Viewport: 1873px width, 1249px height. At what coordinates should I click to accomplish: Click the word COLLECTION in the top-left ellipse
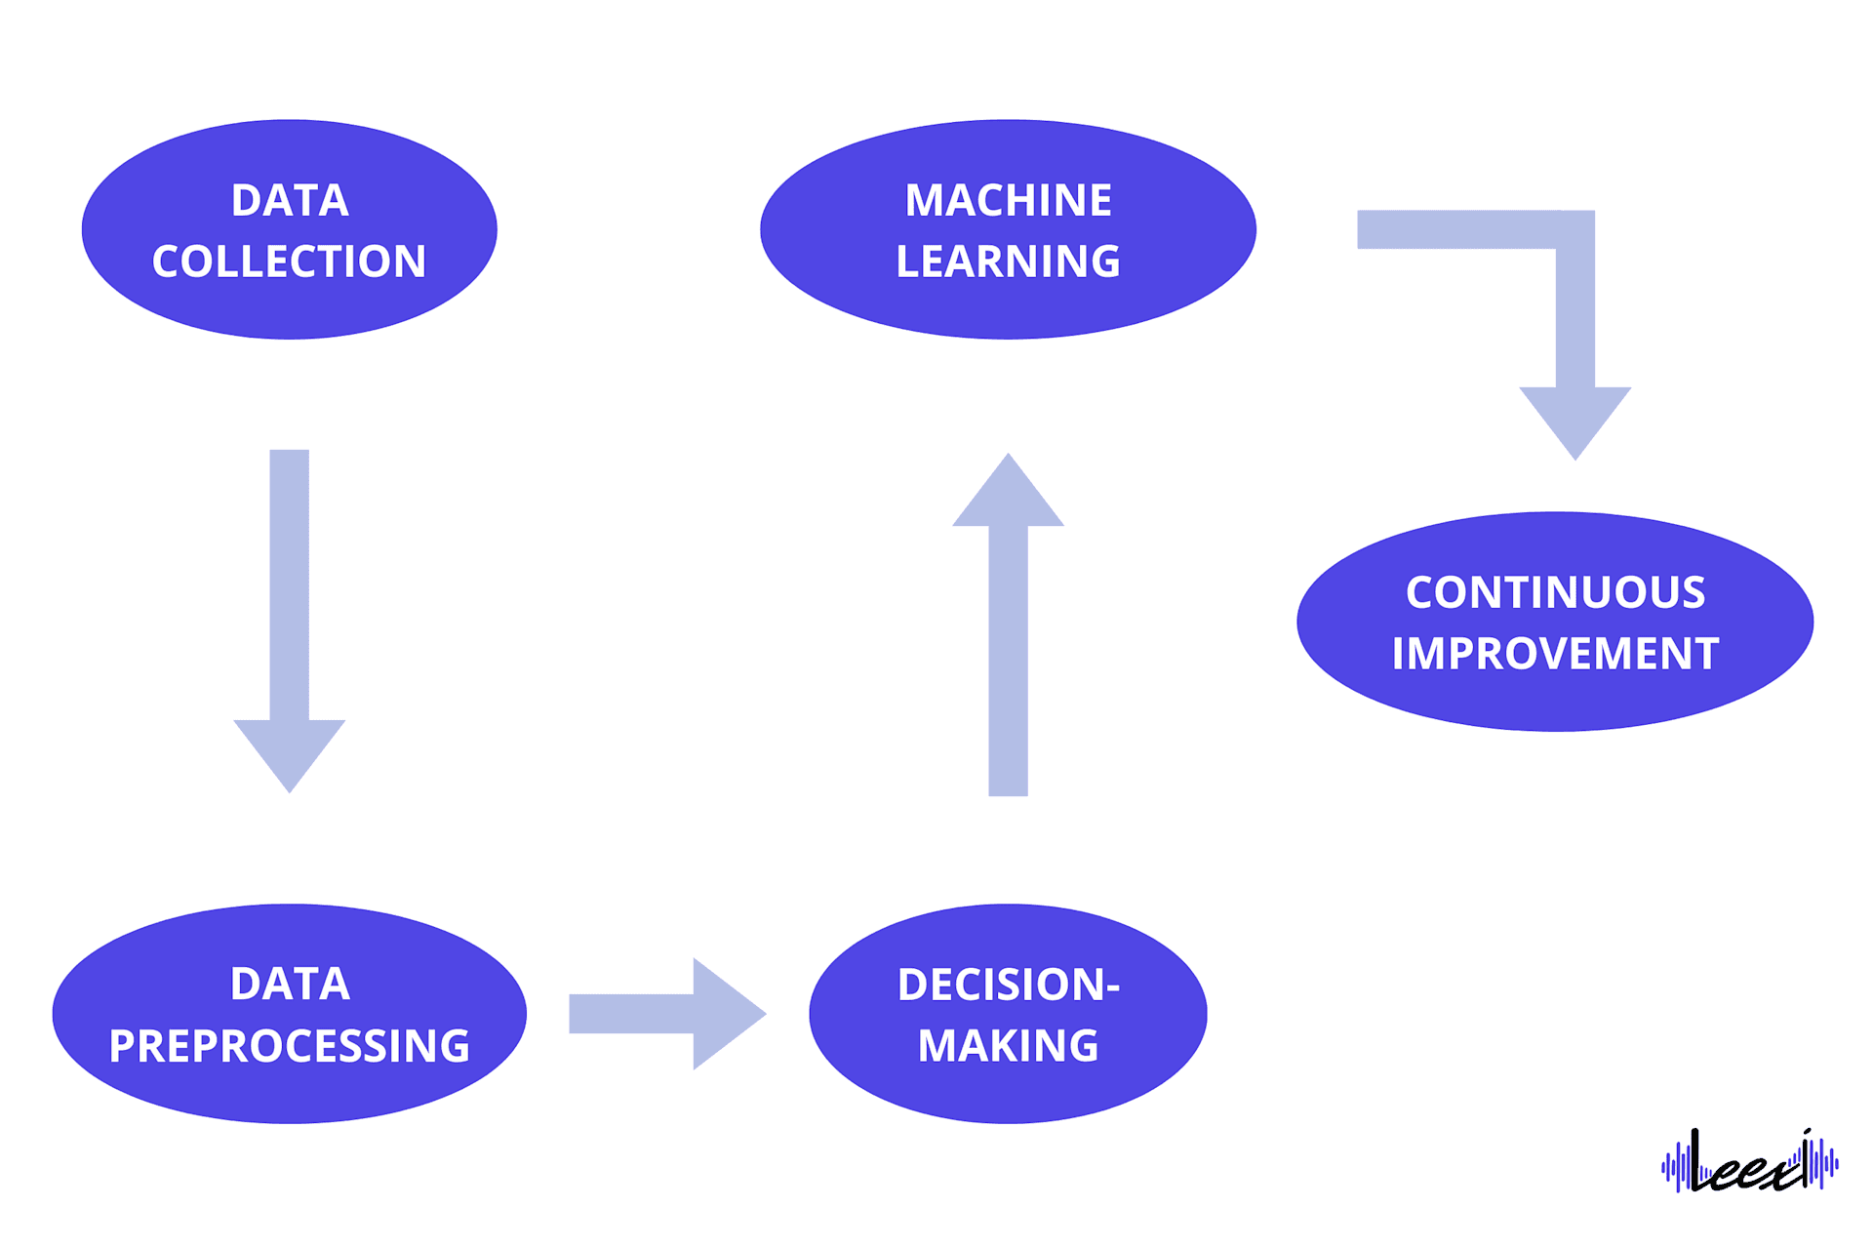289,262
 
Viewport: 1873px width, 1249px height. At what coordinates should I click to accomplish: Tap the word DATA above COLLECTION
290,201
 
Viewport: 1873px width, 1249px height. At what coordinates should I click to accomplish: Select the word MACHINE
1008,201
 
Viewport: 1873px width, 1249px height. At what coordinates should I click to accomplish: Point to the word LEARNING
1008,262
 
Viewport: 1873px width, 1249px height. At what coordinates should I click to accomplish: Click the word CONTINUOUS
1555,593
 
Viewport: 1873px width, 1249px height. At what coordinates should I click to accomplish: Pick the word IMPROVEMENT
1555,654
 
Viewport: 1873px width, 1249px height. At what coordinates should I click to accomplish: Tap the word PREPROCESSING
289,1046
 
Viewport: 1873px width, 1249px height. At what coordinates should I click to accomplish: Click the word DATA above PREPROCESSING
290,984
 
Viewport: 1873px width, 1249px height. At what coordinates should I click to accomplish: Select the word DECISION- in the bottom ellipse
1008,985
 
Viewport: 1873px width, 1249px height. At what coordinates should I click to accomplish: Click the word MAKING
1008,1046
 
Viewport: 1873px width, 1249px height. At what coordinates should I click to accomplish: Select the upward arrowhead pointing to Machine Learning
1008,498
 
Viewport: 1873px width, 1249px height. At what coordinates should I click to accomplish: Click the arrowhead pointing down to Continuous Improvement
1574,416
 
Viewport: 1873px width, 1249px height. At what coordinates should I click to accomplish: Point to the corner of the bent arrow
1574,230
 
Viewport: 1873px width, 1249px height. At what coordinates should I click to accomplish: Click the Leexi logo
1749,1162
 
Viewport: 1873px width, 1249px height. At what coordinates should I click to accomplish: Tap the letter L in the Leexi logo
1698,1160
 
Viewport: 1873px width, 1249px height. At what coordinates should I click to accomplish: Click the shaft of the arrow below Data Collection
290,585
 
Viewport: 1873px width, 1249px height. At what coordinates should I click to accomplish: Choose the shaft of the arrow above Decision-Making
1008,664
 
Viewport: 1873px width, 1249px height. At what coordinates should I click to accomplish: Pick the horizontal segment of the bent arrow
1454,230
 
